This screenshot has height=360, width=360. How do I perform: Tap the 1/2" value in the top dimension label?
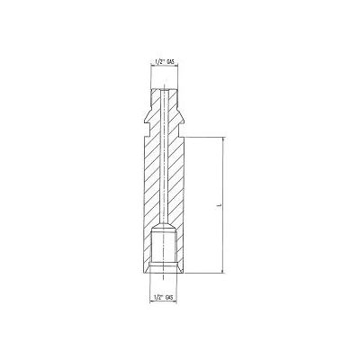(160, 62)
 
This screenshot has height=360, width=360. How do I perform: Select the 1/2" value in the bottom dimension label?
(160, 296)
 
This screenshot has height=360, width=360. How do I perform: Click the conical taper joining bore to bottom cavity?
(166, 223)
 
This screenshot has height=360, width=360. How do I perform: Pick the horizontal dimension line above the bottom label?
(166, 289)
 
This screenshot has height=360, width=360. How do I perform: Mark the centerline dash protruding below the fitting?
(166, 279)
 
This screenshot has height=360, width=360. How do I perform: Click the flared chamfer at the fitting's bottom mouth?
(166, 270)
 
